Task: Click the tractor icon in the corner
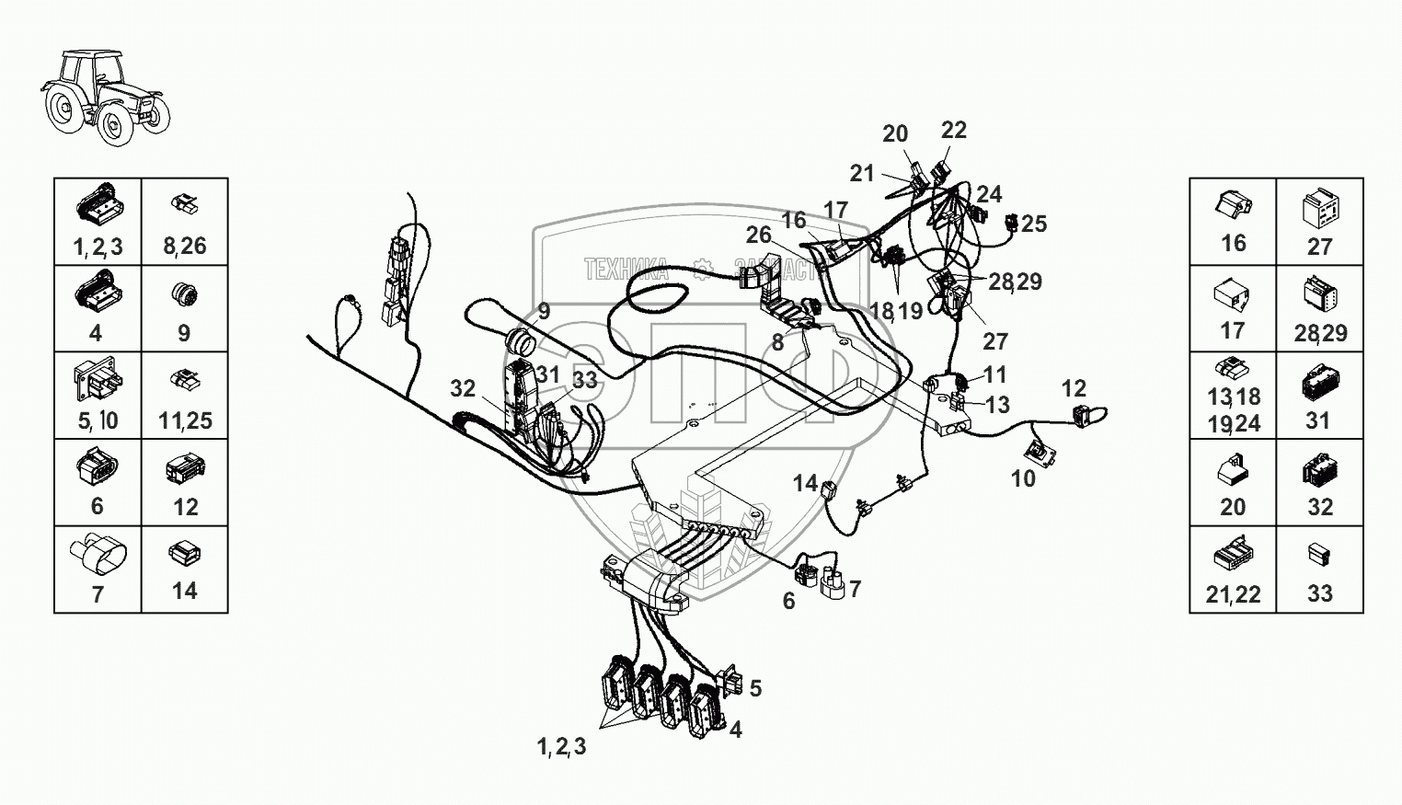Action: pos(105,97)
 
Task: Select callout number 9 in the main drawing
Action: pos(544,312)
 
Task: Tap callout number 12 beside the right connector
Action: pos(1074,388)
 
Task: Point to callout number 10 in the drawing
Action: pos(1023,478)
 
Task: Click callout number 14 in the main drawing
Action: pos(805,482)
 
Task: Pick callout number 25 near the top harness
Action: pos(1034,224)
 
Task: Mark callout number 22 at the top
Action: pos(954,131)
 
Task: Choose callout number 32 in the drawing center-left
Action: pos(463,388)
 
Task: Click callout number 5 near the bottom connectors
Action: pos(755,688)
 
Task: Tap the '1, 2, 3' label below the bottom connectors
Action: pos(561,747)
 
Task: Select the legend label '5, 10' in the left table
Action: pos(98,420)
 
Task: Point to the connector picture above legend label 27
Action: pos(1320,208)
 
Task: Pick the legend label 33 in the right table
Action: pos(1320,594)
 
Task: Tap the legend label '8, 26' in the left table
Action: pos(185,246)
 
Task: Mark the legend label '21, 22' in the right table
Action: pos(1233,594)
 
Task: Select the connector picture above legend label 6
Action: pos(98,467)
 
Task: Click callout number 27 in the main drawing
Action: pos(995,341)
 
